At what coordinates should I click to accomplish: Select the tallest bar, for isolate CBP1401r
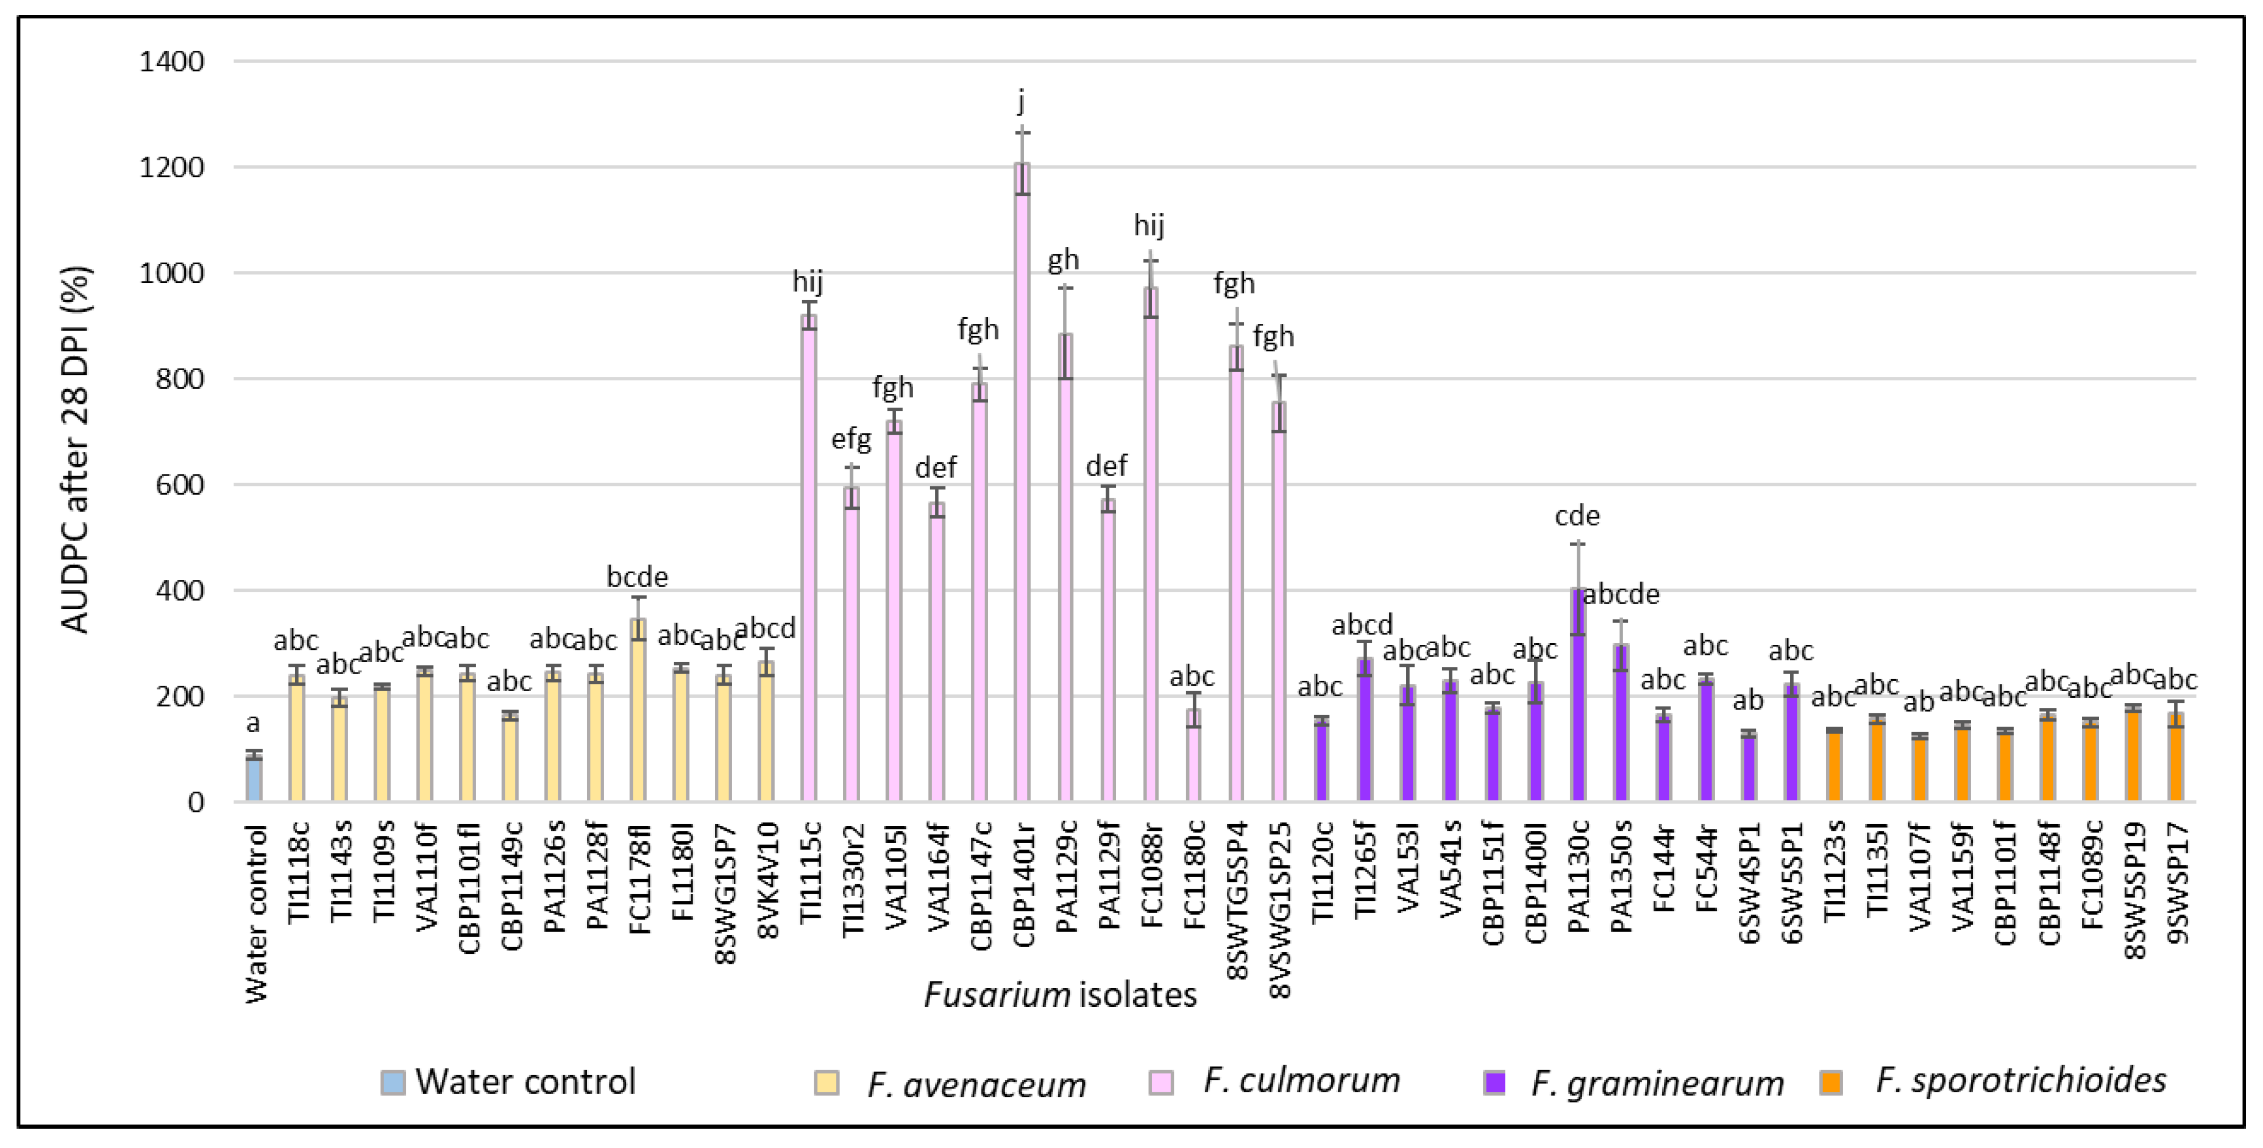tap(1022, 483)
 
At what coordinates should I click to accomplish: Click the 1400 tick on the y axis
tap(172, 61)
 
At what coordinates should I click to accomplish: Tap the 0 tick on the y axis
tap(196, 802)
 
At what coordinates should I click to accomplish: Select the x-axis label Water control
tap(255, 914)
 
